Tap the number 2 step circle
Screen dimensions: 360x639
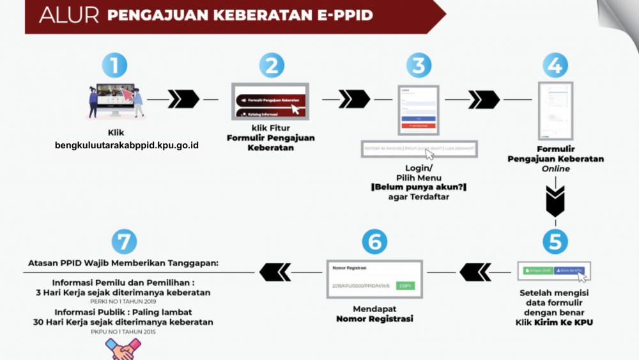[272, 66]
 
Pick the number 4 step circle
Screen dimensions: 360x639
[555, 66]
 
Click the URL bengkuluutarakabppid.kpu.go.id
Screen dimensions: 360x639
[127, 145]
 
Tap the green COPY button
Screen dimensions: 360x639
[405, 285]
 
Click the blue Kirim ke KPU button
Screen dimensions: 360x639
[569, 270]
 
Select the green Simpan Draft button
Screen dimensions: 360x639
[537, 270]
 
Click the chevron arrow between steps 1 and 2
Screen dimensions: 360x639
[183, 99]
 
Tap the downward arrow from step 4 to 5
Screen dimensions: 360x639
[555, 201]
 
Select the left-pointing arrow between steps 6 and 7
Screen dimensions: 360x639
[275, 272]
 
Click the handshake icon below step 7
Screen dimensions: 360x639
[123, 349]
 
